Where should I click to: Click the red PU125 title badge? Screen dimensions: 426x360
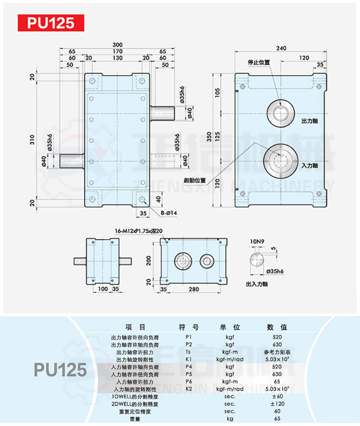51,23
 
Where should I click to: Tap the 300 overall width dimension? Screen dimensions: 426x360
117,45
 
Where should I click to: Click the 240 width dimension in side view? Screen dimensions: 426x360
282,48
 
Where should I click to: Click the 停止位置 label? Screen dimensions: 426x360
259,62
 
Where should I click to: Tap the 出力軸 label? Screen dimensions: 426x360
310,122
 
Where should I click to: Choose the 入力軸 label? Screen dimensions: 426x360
310,166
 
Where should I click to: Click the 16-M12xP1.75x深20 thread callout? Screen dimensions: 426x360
139,231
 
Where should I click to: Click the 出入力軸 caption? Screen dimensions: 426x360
257,285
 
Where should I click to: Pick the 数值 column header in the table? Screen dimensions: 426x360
277,327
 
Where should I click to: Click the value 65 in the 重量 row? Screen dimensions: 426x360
277,419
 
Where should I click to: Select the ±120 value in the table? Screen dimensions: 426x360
277,404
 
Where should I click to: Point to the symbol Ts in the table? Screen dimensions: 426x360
189,352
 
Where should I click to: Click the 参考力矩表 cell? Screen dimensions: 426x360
277,352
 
